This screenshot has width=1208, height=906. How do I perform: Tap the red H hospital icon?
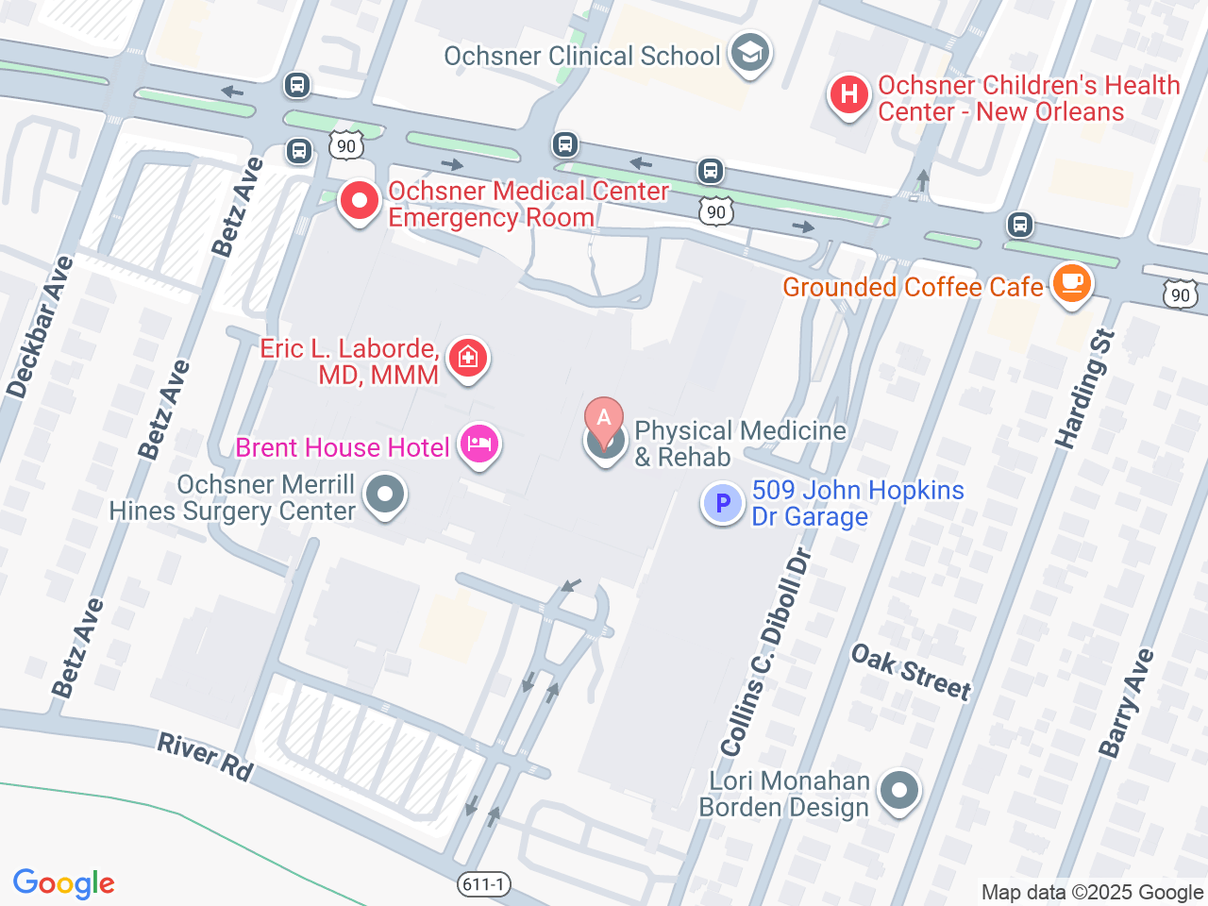pos(848,95)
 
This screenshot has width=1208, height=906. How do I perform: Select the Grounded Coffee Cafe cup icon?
pos(1071,282)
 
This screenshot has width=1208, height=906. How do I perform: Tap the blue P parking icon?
pos(723,504)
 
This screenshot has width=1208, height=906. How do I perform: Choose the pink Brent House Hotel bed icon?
pos(479,445)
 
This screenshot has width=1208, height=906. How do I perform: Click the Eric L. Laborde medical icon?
pos(467,359)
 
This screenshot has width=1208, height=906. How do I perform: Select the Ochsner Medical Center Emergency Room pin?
pos(359,201)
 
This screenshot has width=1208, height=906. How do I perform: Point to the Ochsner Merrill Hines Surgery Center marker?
pos(385,495)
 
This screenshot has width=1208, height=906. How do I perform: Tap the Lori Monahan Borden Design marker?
pos(898,791)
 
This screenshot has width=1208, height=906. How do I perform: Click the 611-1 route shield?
pos(484,884)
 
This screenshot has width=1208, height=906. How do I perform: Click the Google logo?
pos(64,883)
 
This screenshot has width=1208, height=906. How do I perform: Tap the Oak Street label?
pos(911,672)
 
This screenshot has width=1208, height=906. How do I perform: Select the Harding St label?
pos(1085,389)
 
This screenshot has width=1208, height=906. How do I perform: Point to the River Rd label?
pos(205,757)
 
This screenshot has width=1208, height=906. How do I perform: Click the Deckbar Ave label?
pos(40,327)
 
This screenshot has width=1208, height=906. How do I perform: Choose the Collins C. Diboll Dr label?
pos(766,652)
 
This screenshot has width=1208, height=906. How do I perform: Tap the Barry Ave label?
pos(1126,702)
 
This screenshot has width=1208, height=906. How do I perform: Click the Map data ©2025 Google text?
pos(1092,892)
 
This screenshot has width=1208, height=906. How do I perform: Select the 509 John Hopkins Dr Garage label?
pos(857,503)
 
